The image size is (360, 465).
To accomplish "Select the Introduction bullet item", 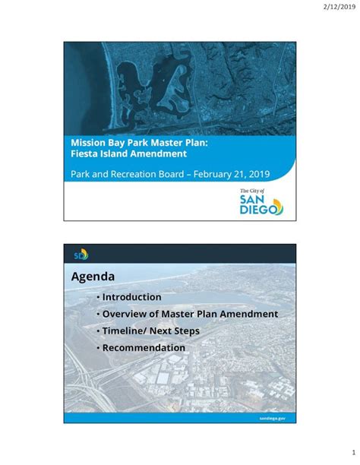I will [131, 297].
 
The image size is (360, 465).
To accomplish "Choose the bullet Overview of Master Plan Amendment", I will [190, 314].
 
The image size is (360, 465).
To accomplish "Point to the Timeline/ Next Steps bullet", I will [151, 331].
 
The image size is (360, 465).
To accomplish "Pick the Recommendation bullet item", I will [144, 347].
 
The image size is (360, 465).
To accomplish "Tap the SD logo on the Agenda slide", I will [80, 254].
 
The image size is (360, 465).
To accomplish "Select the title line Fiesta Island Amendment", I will [129, 154].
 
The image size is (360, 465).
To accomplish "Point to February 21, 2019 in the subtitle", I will [231, 174].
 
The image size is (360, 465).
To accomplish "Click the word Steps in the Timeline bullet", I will [185, 331].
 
